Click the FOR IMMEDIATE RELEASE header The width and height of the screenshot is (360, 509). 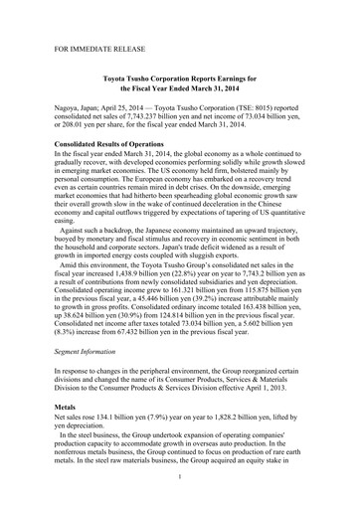[x=99, y=46]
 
